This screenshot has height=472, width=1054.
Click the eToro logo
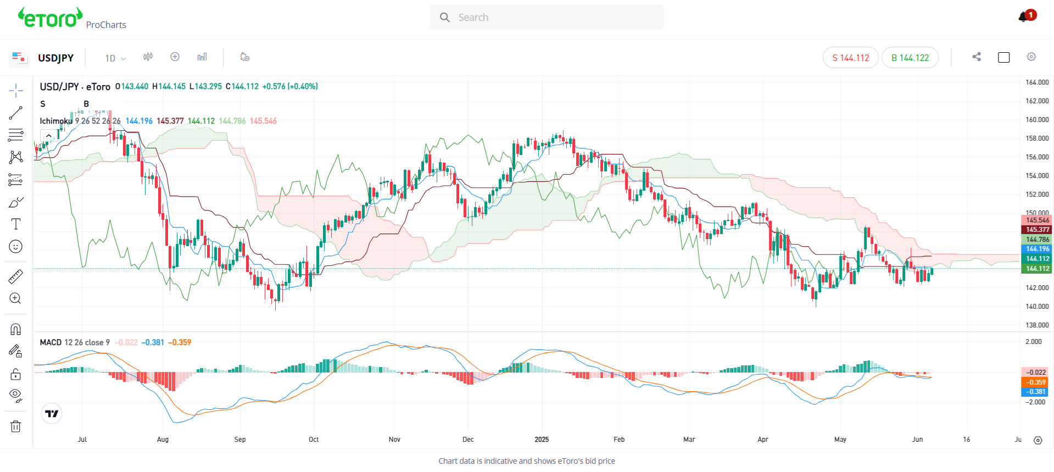click(x=51, y=18)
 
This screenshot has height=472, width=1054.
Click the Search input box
click(x=546, y=18)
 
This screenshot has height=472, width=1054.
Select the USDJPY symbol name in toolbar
click(x=55, y=58)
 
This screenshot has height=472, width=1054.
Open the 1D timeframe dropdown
click(x=115, y=58)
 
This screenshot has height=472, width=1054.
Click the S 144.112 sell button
click(x=850, y=58)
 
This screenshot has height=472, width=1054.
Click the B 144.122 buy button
click(x=910, y=58)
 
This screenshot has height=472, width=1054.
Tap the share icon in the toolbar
click(x=976, y=57)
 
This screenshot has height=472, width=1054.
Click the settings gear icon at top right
click(x=1031, y=57)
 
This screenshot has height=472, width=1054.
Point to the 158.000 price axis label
click(x=1037, y=138)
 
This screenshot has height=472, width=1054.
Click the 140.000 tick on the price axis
click(x=1037, y=307)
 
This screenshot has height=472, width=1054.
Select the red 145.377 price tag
click(x=1036, y=230)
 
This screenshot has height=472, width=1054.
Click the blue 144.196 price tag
click(x=1036, y=249)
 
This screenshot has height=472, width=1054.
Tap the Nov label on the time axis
click(x=394, y=440)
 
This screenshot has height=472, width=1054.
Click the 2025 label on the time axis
click(x=542, y=440)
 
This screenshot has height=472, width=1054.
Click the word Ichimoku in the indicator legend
click(x=56, y=121)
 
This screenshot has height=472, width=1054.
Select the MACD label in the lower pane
click(x=51, y=342)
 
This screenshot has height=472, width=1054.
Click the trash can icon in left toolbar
click(x=16, y=426)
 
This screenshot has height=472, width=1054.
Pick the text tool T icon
click(x=16, y=224)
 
